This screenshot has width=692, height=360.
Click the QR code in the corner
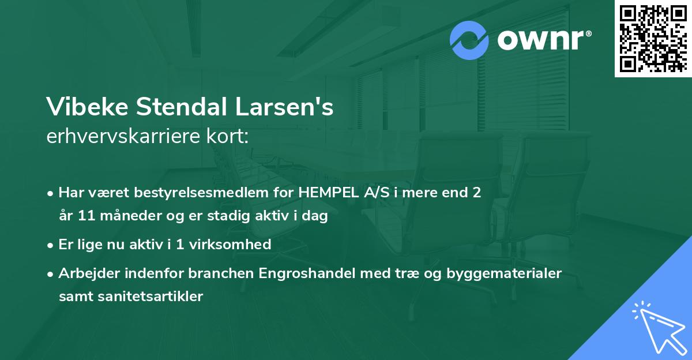(x=653, y=38)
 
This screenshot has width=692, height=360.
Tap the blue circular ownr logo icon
(x=469, y=40)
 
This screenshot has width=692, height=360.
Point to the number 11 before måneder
(x=88, y=216)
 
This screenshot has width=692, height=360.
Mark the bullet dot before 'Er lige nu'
(x=51, y=245)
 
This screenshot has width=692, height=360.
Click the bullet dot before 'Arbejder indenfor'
(x=51, y=273)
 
